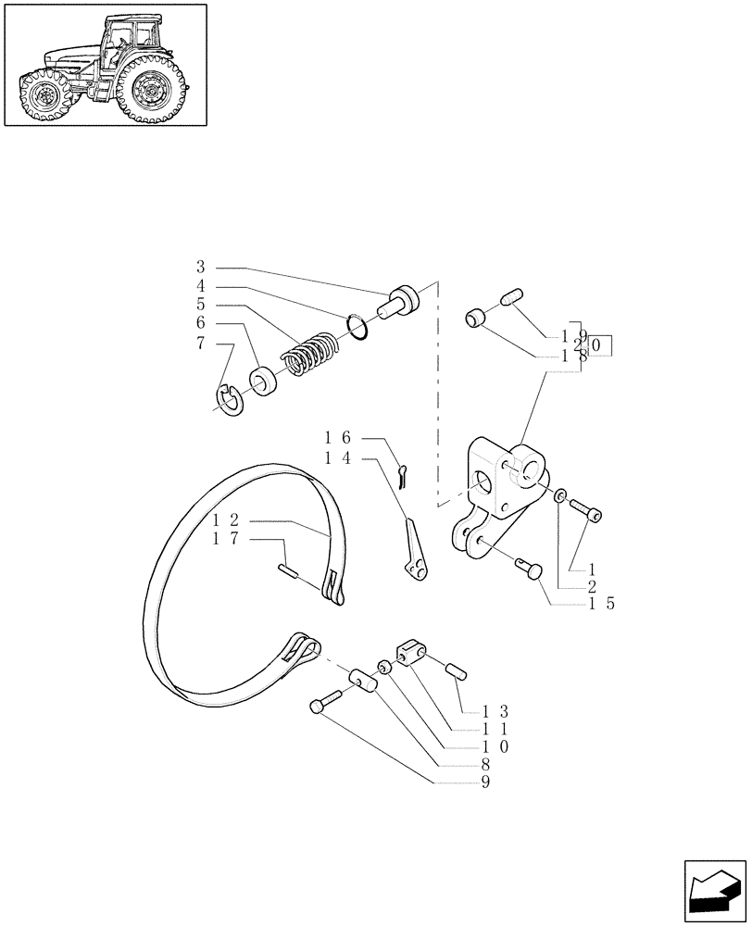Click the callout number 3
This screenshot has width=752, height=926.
click(200, 267)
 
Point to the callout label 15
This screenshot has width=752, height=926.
click(601, 603)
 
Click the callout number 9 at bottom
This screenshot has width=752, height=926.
click(485, 782)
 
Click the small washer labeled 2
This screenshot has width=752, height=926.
click(560, 497)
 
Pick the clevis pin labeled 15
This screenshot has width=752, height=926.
click(532, 568)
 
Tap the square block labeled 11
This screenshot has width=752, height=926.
click(412, 653)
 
